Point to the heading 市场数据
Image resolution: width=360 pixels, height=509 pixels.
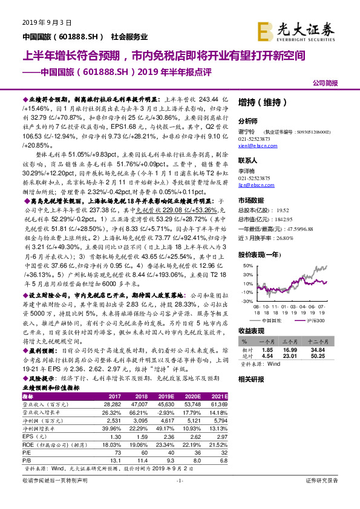pos(250,199)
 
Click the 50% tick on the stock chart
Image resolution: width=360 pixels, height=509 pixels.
pos(249,265)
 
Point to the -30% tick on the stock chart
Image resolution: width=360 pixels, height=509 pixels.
pos(248,300)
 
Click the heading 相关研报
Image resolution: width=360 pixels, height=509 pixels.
pos(250,379)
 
